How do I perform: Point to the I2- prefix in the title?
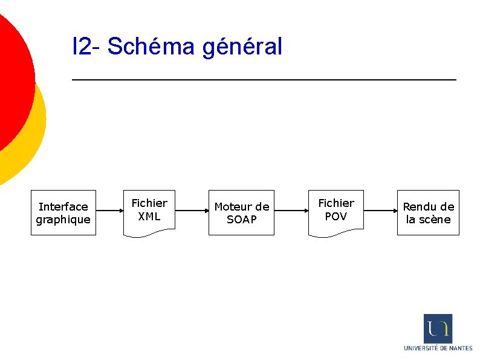coord(87,46)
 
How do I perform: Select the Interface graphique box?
coord(63,212)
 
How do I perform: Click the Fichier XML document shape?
coord(149,211)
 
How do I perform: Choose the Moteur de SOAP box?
coord(242,212)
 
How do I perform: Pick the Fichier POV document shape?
coord(336,211)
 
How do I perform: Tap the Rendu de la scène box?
coord(428,212)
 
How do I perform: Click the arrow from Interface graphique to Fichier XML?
coord(109,211)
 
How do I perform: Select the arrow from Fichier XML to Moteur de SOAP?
coord(192,211)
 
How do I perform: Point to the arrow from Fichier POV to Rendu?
coord(380,211)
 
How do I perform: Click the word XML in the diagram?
coord(149,217)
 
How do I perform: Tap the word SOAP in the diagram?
coord(242,220)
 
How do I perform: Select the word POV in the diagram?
coord(336,217)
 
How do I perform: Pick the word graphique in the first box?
coord(63,220)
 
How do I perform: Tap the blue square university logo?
coord(438,329)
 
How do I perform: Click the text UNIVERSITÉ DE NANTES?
coord(438,348)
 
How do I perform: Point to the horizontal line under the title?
coord(264,79)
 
